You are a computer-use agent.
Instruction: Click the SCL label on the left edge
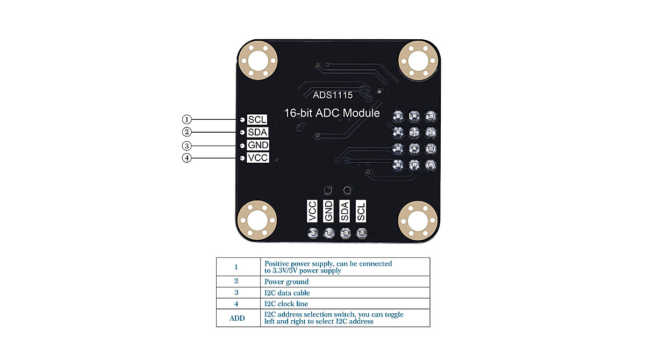[257, 119]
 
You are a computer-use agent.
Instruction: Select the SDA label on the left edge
[257, 132]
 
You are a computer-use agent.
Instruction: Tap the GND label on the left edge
[257, 146]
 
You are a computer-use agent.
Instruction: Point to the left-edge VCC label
[257, 158]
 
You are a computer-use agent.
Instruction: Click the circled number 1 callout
[187, 119]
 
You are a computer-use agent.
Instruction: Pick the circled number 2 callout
[187, 132]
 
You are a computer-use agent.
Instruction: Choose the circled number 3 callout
[187, 146]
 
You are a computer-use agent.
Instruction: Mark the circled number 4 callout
[187, 158]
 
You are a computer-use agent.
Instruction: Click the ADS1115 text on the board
[333, 96]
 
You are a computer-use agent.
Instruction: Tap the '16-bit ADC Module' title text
[332, 113]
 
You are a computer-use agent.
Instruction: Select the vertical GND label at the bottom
[328, 211]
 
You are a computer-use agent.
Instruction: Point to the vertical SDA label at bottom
[345, 211]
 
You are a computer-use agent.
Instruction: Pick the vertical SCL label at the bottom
[361, 211]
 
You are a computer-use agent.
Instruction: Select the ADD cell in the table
[237, 318]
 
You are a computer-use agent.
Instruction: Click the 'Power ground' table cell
[286, 282]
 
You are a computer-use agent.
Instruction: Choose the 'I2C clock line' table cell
[286, 304]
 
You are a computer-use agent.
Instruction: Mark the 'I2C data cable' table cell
[287, 293]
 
